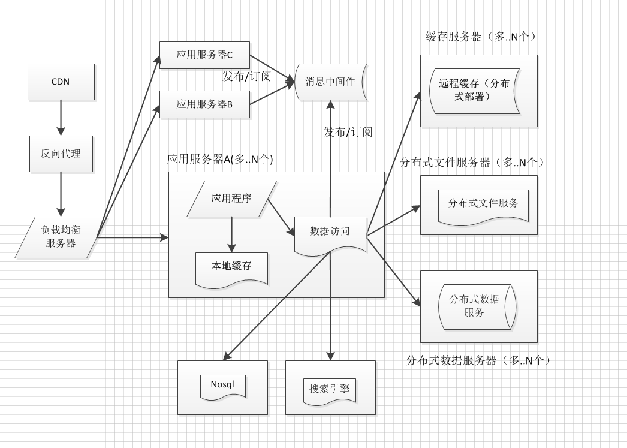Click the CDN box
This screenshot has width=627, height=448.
click(61, 82)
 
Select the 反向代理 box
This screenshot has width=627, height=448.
click(61, 154)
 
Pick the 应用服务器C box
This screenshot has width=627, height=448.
click(204, 55)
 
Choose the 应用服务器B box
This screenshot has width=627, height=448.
click(204, 104)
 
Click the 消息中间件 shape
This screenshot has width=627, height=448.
click(330, 82)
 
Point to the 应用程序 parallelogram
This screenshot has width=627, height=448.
click(231, 199)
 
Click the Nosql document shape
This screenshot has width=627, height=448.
click(222, 384)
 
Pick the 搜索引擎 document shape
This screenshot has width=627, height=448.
click(330, 389)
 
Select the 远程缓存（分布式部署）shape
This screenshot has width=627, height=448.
click(474, 90)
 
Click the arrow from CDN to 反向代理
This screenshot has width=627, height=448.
click(61, 117)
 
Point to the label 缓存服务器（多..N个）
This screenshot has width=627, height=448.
click(480, 37)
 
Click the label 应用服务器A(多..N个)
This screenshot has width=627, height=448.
click(220, 160)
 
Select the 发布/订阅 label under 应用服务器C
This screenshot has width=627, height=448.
click(246, 77)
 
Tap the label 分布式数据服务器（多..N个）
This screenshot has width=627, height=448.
click(478, 360)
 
